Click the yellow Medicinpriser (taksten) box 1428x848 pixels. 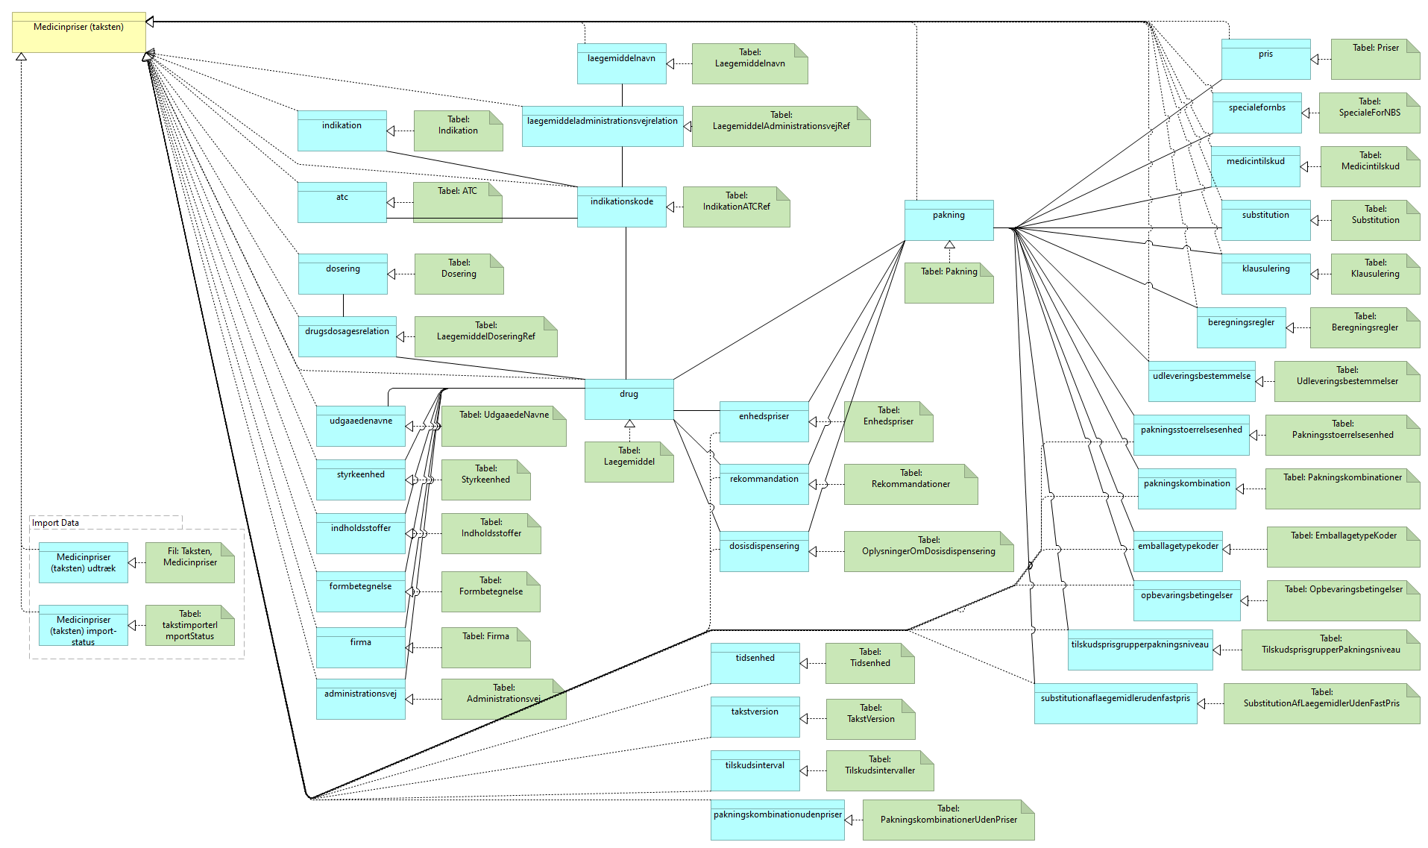tap(78, 32)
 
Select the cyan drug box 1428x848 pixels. tap(629, 399)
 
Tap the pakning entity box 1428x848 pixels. tap(949, 220)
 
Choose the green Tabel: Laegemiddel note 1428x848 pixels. tap(629, 462)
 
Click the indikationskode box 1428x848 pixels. tap(621, 207)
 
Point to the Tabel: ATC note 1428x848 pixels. tap(457, 202)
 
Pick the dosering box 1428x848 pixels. tap(342, 274)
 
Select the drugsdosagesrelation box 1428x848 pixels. tap(347, 336)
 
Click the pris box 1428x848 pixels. tap(1265, 59)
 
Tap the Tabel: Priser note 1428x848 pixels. tap(1375, 59)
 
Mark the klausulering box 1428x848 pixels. tap(1265, 274)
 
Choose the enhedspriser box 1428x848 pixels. tap(764, 421)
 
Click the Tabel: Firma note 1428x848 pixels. tap(485, 647)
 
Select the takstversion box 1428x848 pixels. tap(755, 717)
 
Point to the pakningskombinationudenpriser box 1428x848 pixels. tap(777, 820)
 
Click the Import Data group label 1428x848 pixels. tap(55, 523)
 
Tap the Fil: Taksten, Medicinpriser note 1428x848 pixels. tap(189, 562)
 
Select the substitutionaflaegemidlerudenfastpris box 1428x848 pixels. tap(1115, 703)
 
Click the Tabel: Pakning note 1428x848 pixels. tap(949, 283)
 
